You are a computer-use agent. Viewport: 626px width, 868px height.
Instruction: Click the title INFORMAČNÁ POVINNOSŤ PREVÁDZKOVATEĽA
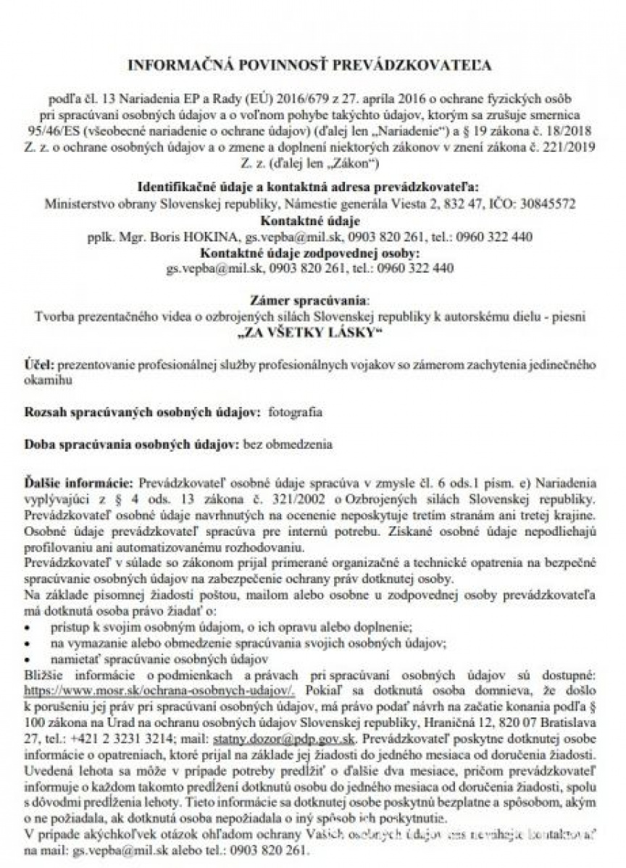pos(310,66)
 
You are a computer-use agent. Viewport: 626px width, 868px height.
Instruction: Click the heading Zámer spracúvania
pos(309,300)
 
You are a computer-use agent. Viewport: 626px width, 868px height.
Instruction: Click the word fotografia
pos(295,412)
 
